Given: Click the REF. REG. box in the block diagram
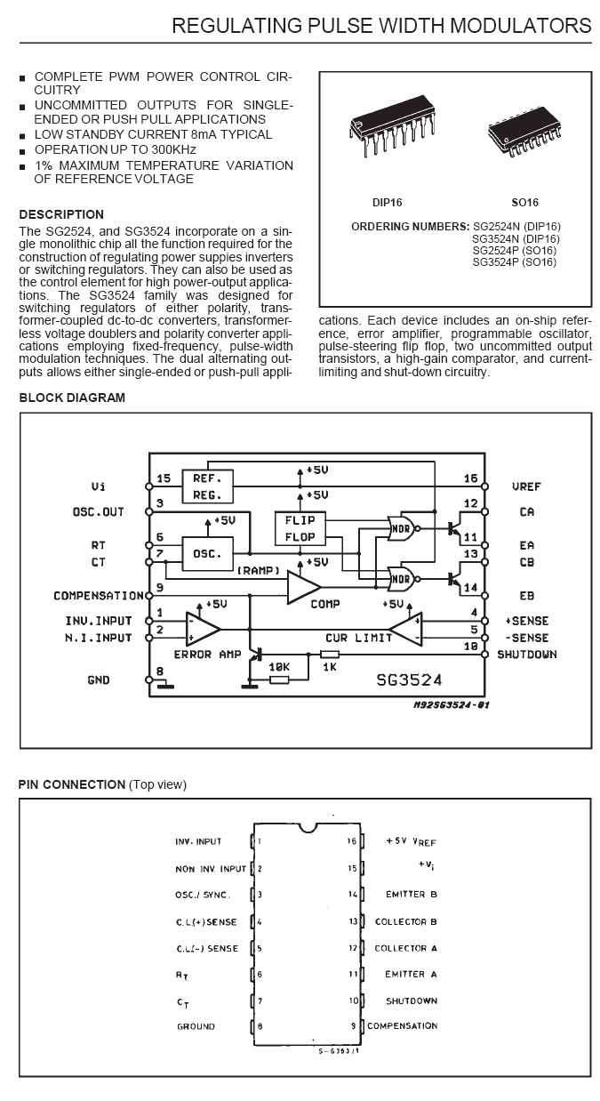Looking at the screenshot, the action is click(x=207, y=486).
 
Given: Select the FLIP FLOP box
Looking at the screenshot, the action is click(x=300, y=528).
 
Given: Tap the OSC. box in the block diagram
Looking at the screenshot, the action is click(x=207, y=554).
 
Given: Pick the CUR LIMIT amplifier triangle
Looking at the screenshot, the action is click(x=405, y=629).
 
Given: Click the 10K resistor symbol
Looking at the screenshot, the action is click(x=279, y=679).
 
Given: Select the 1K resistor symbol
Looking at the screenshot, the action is click(x=330, y=655).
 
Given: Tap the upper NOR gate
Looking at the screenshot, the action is click(x=402, y=529).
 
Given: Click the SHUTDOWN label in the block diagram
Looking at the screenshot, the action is click(x=527, y=655).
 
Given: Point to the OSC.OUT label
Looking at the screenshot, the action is click(x=99, y=512).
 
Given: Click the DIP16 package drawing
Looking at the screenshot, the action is click(x=392, y=125).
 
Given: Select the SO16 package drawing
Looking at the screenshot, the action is click(x=524, y=132).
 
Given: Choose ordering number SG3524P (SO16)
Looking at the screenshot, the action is click(x=515, y=262).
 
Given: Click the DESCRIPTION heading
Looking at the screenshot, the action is click(x=61, y=215).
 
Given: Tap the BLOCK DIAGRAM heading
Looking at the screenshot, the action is click(x=72, y=398).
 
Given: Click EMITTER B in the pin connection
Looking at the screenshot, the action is click(x=412, y=895).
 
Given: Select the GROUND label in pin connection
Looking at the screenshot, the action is click(x=196, y=1026).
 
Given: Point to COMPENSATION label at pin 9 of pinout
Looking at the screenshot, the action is click(x=403, y=1025).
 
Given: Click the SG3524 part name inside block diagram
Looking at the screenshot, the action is click(x=410, y=679).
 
